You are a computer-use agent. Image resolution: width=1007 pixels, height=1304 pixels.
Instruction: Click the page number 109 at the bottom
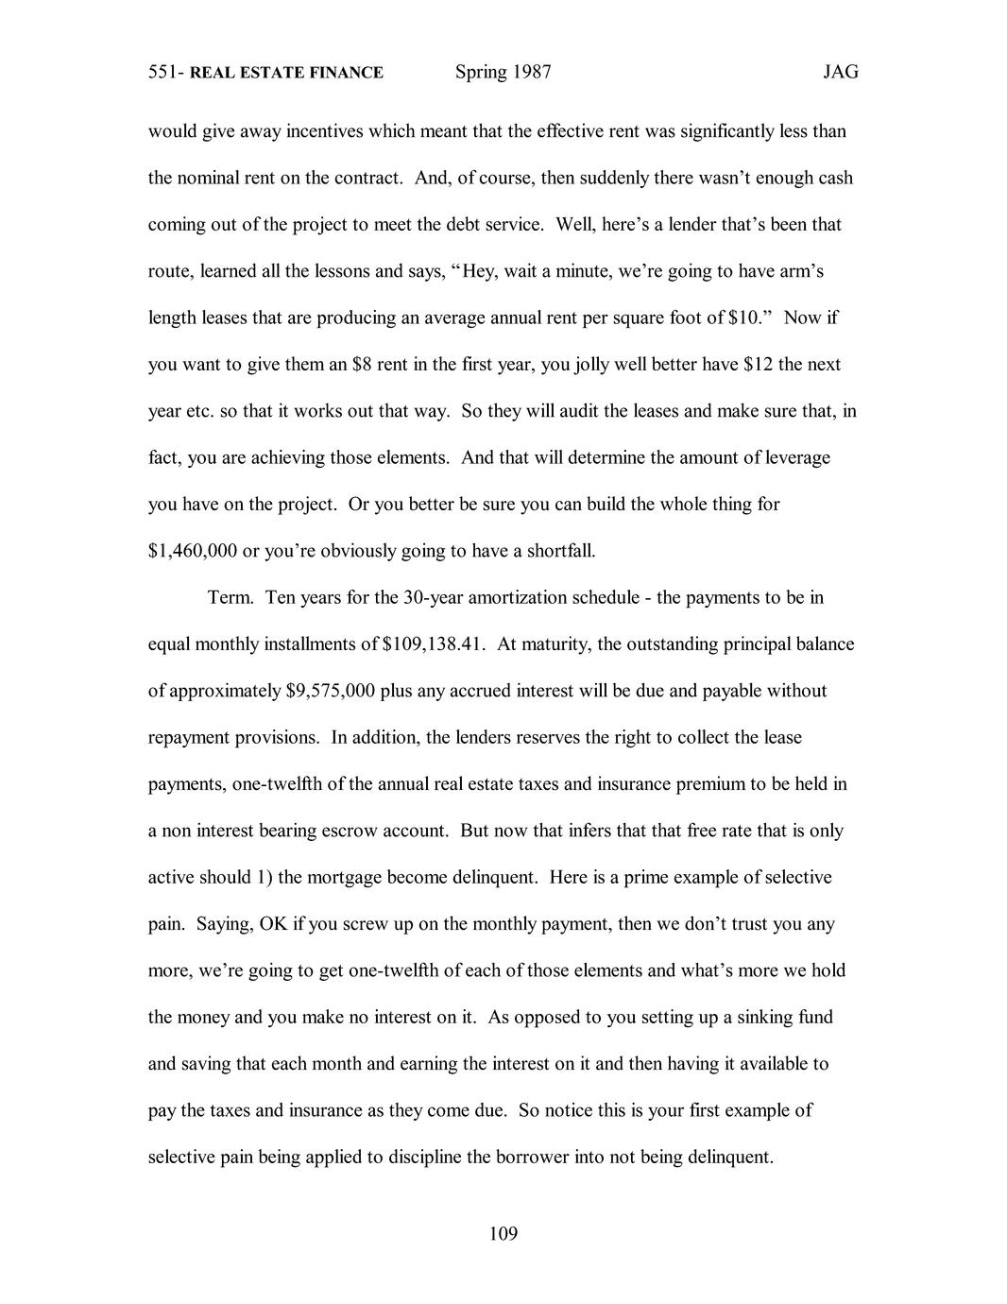point(503,1233)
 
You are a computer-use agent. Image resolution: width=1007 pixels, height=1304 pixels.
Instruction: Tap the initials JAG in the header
point(840,72)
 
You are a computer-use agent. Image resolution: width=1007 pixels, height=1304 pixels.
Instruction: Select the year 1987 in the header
point(532,72)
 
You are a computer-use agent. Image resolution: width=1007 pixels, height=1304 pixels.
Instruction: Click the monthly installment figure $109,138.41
point(434,644)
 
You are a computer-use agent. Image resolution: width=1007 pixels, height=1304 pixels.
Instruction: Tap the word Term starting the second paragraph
point(230,598)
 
